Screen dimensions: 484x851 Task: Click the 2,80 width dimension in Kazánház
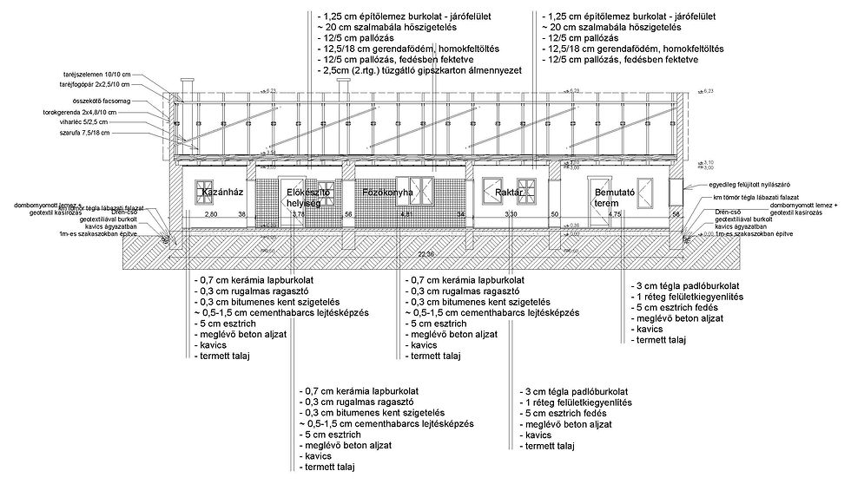point(210,213)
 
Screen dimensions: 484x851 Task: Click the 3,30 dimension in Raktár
point(511,213)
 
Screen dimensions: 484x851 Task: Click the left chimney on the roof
point(184,88)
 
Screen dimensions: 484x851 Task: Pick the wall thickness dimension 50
point(554,213)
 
